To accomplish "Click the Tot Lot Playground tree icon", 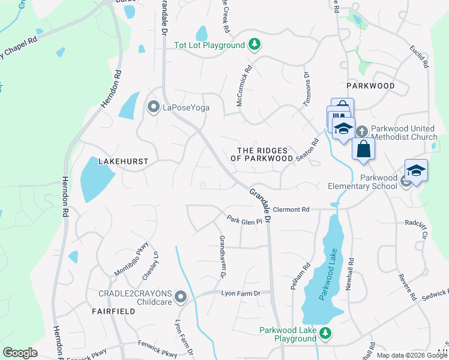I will coord(255,44).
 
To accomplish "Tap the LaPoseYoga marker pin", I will coord(153,107).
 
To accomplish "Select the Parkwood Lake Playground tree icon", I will coord(325,332).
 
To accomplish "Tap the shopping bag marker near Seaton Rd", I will coord(363,149).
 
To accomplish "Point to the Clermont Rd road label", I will coord(291,209).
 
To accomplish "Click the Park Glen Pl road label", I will coord(244,221).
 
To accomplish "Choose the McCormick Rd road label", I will coord(243,87).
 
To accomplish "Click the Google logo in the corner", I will coord(20,353).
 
